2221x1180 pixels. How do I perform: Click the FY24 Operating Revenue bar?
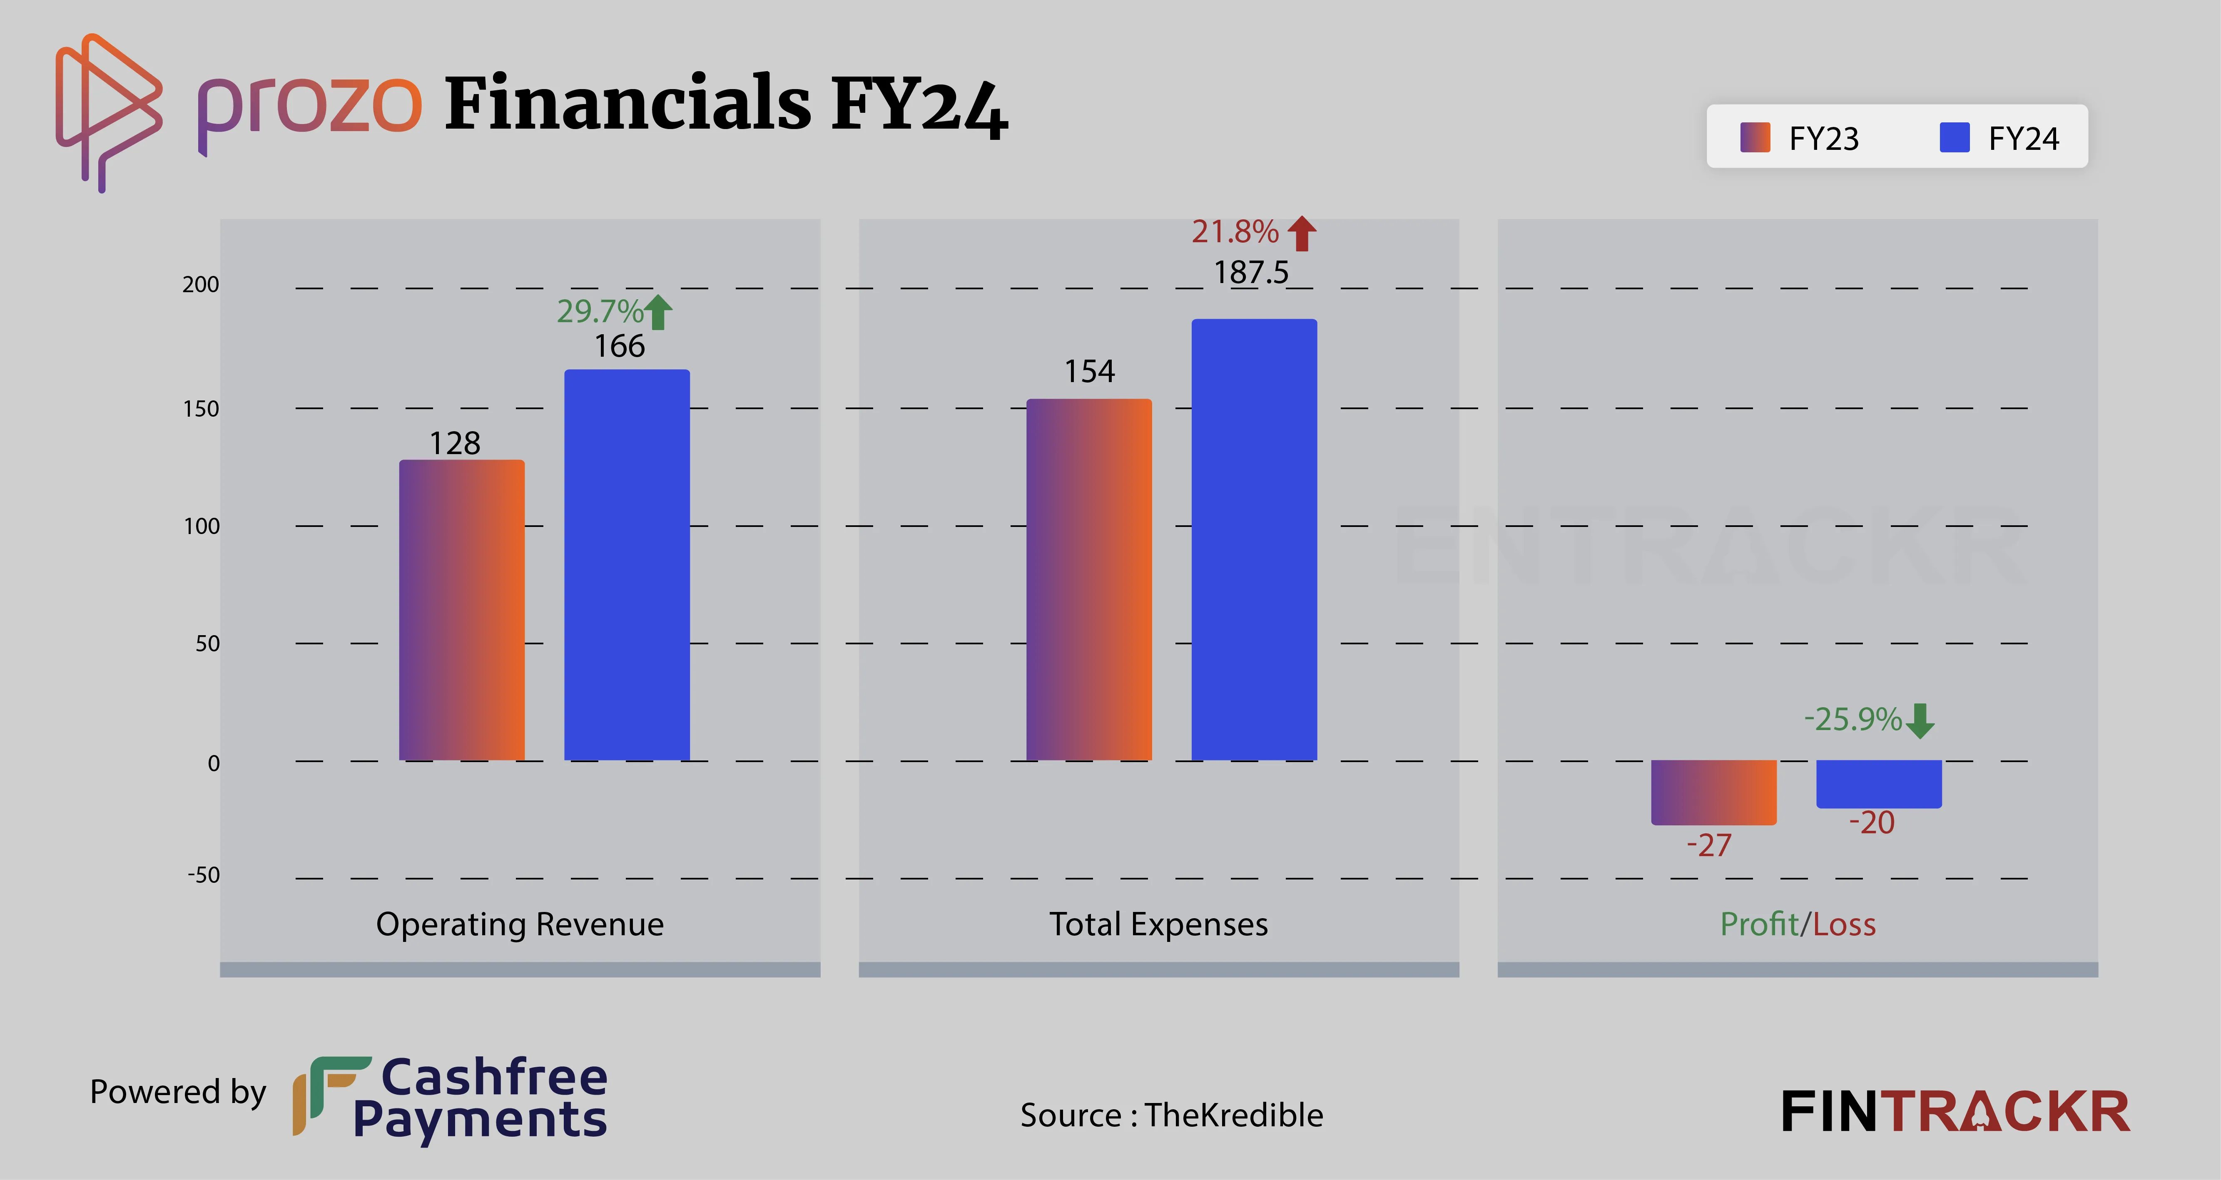click(x=627, y=564)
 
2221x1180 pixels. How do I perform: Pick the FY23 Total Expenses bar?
click(x=1089, y=579)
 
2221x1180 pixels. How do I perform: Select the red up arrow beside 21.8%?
click(x=1302, y=233)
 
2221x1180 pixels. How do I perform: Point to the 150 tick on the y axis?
click(x=201, y=409)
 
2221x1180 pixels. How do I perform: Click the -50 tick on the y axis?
click(x=204, y=875)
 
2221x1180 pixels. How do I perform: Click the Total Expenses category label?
click(x=1158, y=924)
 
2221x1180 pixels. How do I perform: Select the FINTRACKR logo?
click(x=1955, y=1112)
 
